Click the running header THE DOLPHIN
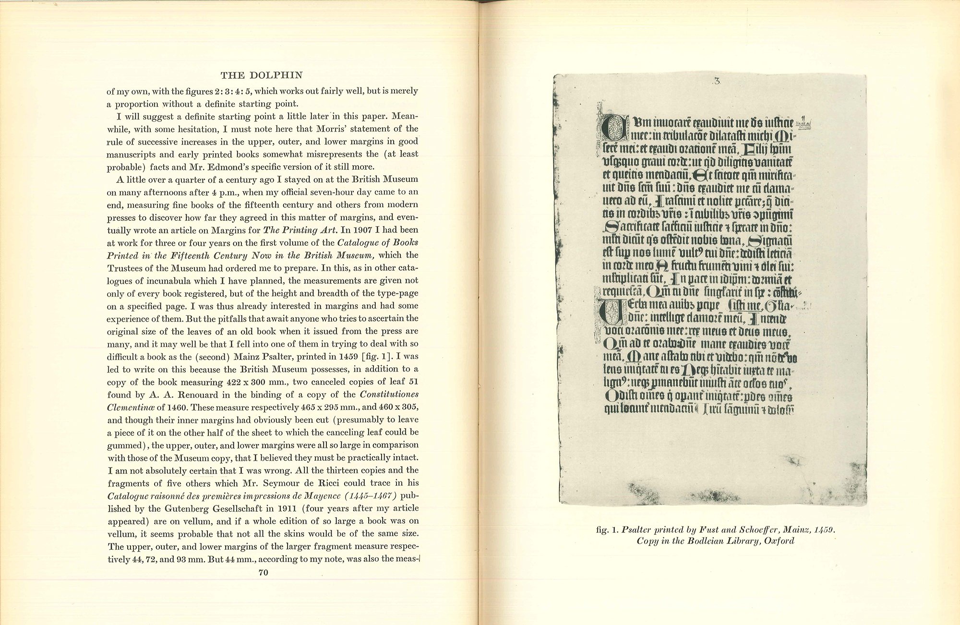(262, 75)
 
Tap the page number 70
(263, 572)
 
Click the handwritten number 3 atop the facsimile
(717, 81)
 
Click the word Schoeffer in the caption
(752, 530)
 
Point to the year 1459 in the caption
(824, 530)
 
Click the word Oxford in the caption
(780, 541)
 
